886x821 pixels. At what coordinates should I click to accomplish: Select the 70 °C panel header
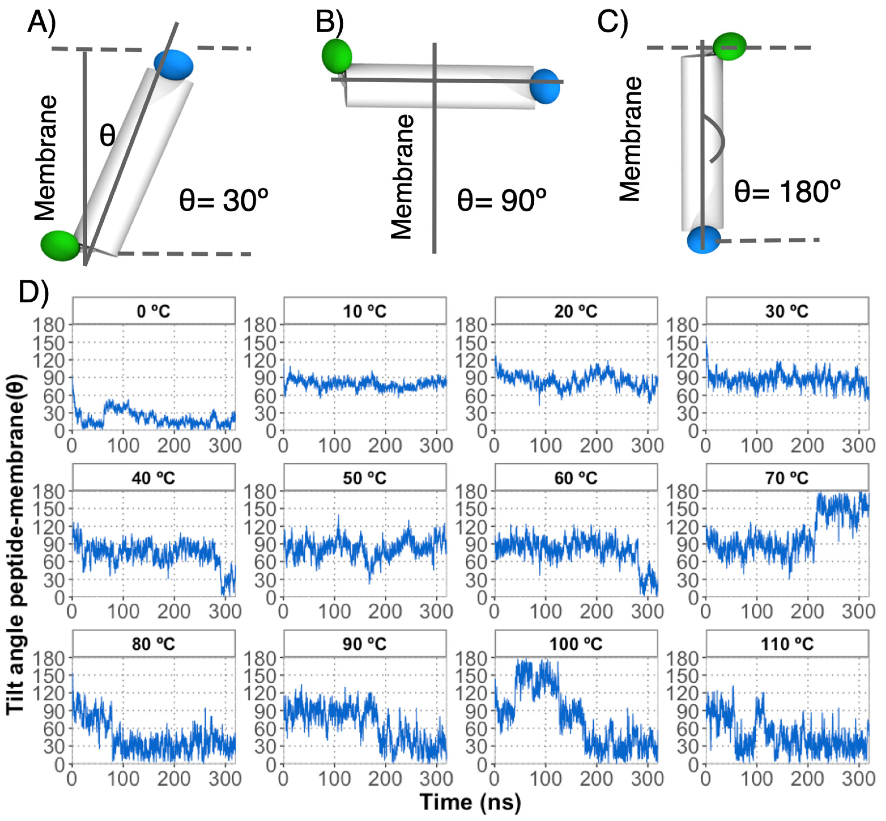pos(787,478)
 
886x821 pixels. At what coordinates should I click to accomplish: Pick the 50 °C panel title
pos(365,478)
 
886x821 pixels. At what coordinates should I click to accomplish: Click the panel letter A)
pos(42,22)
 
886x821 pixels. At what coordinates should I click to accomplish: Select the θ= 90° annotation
pos(501,200)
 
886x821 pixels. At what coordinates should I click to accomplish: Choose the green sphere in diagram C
pos(729,46)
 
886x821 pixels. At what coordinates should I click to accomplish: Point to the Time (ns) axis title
pos(470,802)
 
